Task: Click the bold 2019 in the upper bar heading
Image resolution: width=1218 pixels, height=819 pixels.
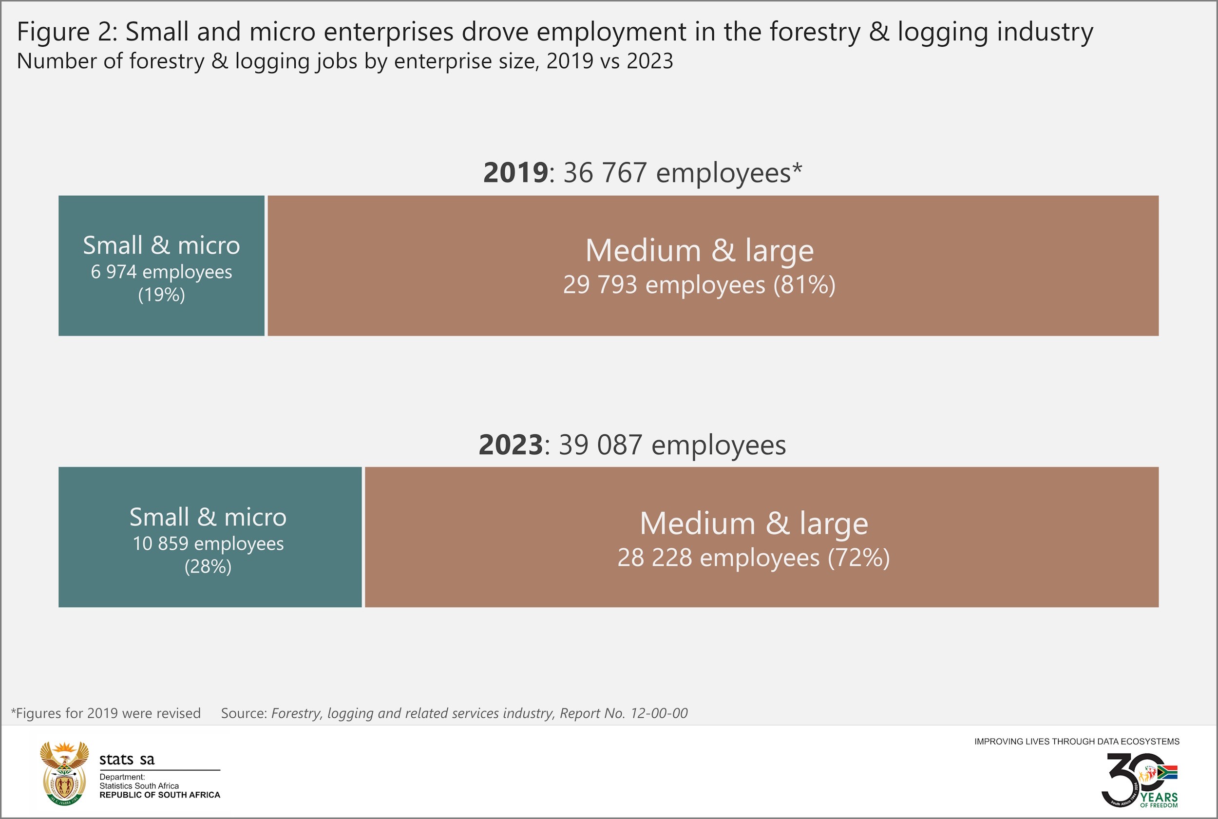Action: (515, 172)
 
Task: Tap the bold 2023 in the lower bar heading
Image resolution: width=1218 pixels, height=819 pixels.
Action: (511, 445)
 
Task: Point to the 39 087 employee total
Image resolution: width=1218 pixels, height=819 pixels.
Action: (600, 445)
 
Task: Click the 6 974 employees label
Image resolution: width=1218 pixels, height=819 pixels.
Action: (161, 272)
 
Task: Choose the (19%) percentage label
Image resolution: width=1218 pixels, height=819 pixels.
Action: (161, 295)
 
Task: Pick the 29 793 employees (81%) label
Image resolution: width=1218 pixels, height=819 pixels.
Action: (699, 285)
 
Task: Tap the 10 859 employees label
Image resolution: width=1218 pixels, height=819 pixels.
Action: (208, 543)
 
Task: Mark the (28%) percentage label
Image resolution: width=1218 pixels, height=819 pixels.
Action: (208, 567)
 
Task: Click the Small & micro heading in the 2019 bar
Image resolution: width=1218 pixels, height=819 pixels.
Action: (161, 245)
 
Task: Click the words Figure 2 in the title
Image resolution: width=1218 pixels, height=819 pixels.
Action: (67, 32)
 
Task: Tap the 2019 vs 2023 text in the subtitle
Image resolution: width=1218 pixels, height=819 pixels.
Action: (609, 61)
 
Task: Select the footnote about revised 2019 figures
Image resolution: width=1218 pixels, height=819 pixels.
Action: (106, 713)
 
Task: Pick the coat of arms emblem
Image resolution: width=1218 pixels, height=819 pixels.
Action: (64, 773)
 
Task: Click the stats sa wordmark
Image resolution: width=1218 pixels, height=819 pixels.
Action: (127, 760)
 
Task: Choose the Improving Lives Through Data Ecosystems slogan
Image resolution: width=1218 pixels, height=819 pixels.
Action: (1076, 741)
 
